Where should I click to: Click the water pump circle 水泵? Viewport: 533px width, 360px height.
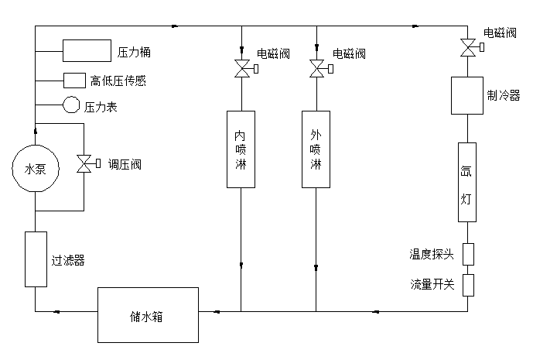(35, 169)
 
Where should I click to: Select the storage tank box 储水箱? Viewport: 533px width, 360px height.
(149, 315)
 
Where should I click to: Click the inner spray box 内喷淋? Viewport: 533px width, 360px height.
(241, 149)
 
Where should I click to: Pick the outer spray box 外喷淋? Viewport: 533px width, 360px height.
(316, 149)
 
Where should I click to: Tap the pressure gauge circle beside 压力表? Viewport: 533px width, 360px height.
(71, 105)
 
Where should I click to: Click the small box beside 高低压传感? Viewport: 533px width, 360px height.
(74, 80)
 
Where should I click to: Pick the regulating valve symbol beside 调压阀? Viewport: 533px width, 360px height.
(84, 164)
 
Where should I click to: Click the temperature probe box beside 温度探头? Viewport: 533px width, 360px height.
(467, 254)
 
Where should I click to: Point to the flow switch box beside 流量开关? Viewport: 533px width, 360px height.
(467, 284)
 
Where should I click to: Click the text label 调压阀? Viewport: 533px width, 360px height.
(125, 164)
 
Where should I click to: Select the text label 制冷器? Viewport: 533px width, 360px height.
(504, 95)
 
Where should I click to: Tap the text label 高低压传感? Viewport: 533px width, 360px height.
(118, 81)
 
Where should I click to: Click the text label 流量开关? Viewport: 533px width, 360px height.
(432, 284)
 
